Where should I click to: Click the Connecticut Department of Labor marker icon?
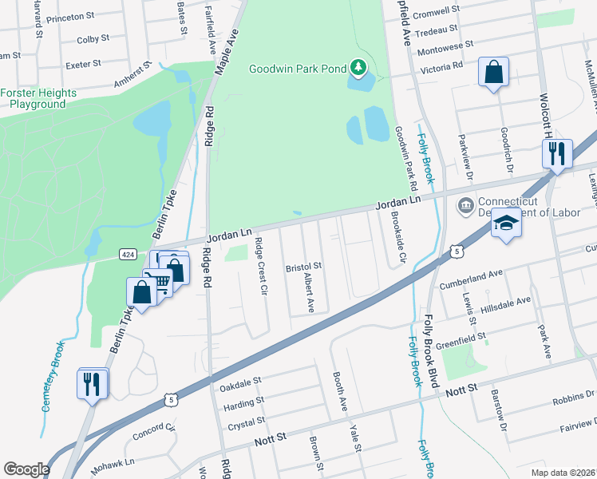pos(465,207)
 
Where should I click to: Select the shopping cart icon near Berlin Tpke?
pos(160,282)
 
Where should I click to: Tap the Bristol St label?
pos(302,266)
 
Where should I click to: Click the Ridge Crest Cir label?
pos(259,267)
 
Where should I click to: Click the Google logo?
pos(26,469)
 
